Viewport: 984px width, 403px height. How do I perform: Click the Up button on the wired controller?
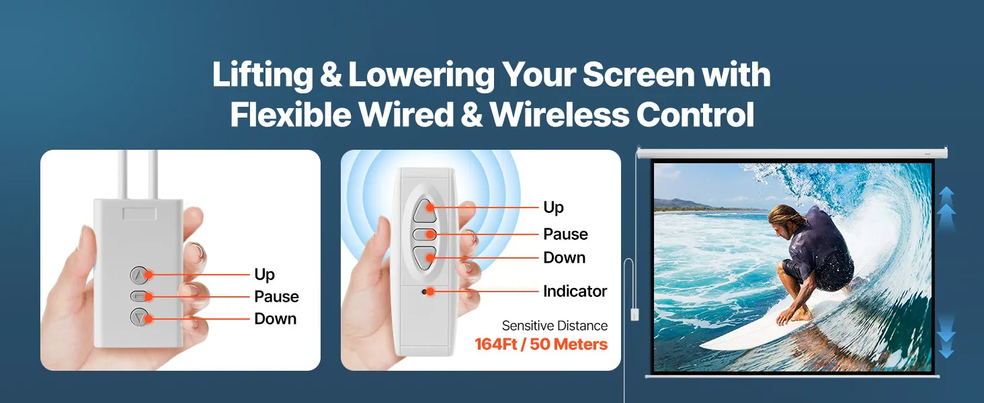[139, 275]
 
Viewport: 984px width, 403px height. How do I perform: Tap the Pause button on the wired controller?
[139, 296]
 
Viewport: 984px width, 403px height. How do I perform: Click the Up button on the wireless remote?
[424, 211]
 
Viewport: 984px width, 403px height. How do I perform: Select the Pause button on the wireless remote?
[424, 234]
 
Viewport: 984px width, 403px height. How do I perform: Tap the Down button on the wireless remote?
[424, 258]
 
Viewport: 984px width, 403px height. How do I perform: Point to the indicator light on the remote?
[424, 292]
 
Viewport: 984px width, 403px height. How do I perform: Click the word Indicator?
[575, 291]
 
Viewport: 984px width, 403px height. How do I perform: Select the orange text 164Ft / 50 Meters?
[541, 344]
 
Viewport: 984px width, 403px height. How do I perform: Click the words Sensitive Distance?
[555, 326]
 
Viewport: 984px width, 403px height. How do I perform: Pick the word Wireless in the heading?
[559, 115]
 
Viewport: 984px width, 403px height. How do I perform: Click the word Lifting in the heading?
[262, 75]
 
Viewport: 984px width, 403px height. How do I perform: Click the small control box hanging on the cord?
[634, 314]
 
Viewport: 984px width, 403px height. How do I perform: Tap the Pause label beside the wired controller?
[276, 297]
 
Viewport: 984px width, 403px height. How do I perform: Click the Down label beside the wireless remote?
[565, 258]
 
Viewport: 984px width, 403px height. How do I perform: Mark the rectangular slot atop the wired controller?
[139, 214]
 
